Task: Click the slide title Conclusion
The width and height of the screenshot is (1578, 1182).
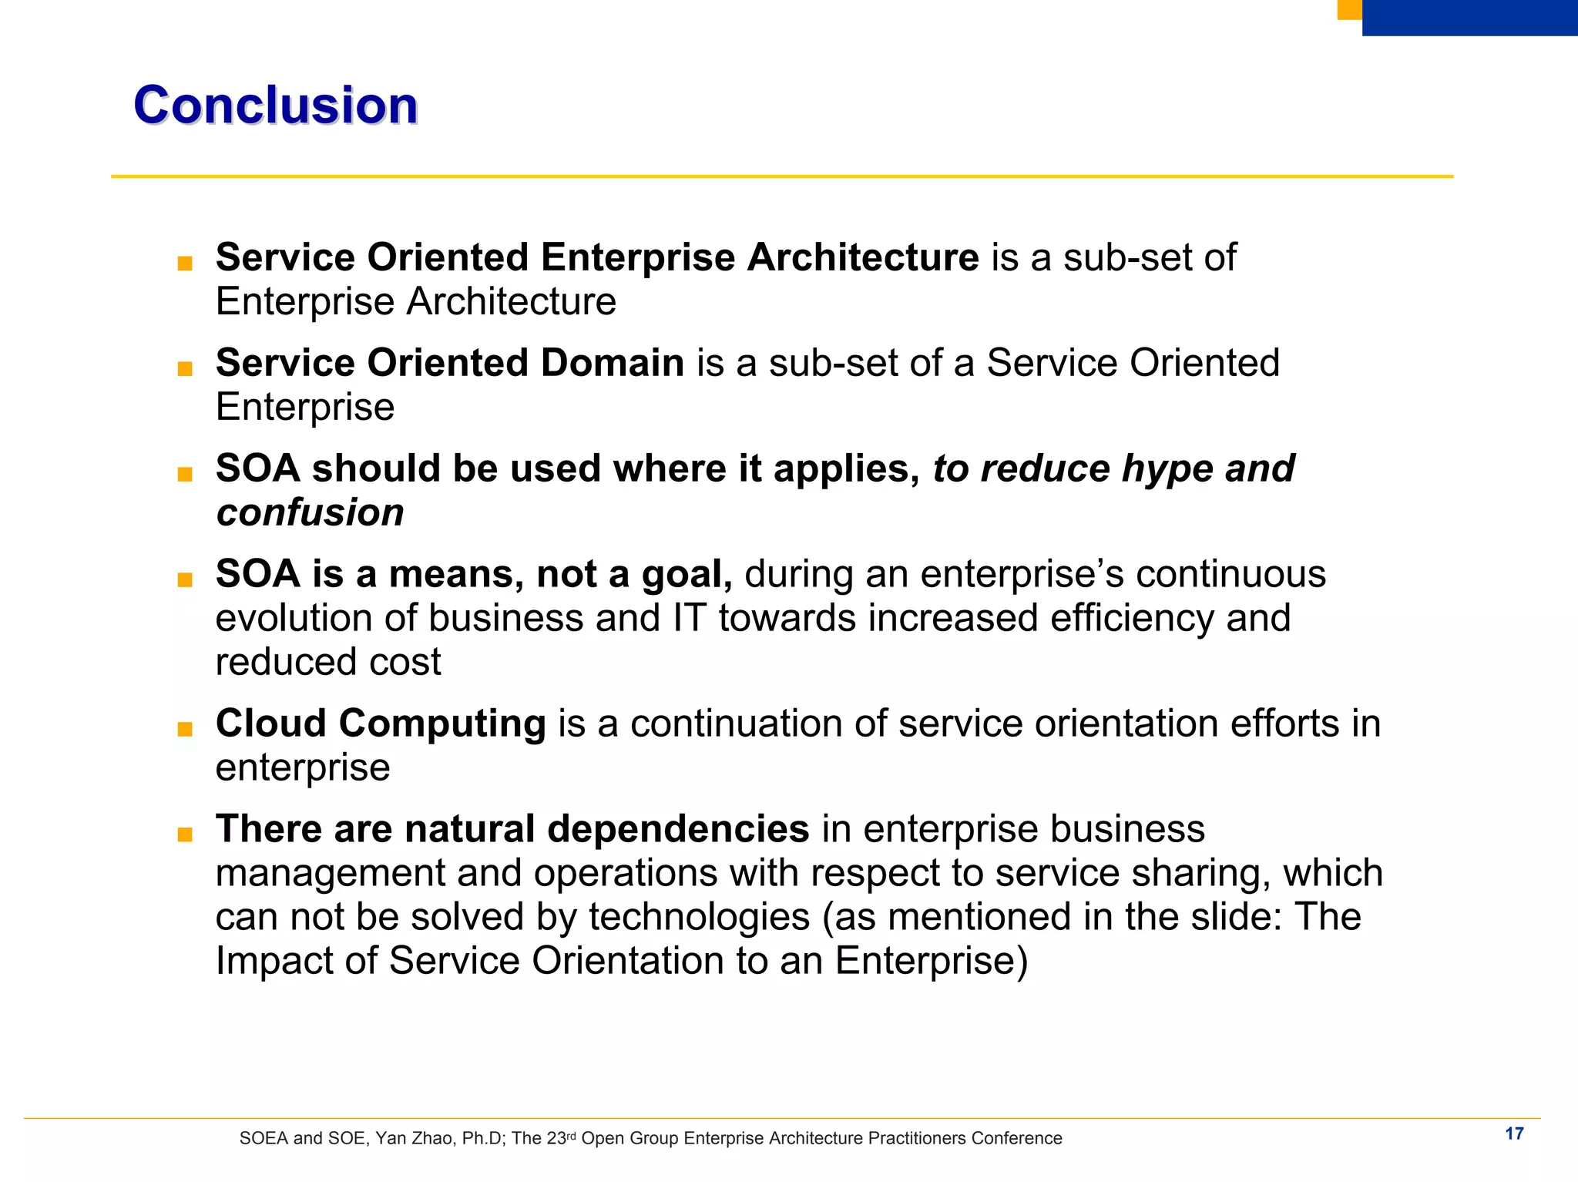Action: [275, 105]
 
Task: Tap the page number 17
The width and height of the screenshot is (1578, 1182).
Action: [1514, 1133]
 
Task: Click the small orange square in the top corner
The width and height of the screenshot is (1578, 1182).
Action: [1349, 8]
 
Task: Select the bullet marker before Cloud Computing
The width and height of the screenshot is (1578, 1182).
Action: [185, 728]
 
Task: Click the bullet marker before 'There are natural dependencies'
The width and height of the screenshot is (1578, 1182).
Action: [185, 834]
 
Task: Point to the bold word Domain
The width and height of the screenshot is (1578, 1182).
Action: [612, 362]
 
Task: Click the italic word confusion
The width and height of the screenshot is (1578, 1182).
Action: [310, 512]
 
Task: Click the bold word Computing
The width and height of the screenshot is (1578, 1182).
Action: [442, 724]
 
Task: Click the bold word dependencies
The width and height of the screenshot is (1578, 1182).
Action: [678, 829]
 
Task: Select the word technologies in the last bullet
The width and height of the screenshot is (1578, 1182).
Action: [699, 917]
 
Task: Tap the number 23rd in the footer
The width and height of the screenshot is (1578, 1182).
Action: [561, 1138]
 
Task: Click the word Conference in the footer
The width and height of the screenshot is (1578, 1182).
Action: [1016, 1139]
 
